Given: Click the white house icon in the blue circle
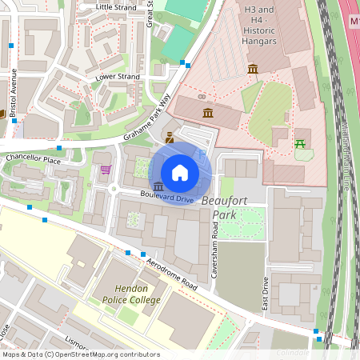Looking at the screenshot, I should (180, 172).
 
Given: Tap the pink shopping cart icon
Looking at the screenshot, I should (106, 170).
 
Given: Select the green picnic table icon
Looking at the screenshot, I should (301, 144).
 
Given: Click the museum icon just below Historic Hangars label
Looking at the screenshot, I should (253, 70).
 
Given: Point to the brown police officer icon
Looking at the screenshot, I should (170, 138).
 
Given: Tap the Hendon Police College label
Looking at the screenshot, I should (131, 294).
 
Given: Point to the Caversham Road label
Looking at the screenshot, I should (214, 230).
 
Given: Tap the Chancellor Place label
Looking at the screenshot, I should (33, 160).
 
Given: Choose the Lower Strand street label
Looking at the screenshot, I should (118, 77).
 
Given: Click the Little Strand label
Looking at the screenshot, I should (117, 6).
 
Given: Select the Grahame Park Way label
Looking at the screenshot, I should (148, 118).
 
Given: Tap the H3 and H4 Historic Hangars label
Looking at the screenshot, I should (259, 25).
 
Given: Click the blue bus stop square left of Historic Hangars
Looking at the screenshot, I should (184, 62).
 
